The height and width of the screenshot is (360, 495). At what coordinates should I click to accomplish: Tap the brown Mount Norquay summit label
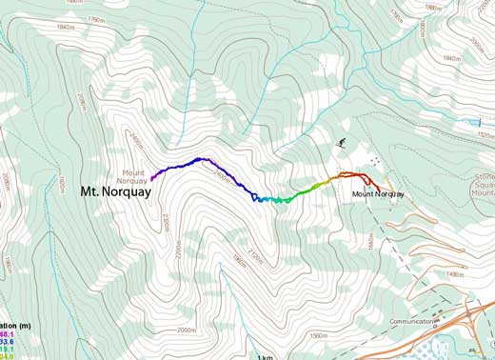point(132,175)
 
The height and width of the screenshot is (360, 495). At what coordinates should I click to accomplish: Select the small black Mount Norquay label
point(378,194)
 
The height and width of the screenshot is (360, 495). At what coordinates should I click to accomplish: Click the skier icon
point(341,144)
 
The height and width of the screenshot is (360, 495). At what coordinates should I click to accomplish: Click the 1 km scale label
point(265,355)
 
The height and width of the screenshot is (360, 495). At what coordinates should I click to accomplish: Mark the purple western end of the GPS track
point(152,177)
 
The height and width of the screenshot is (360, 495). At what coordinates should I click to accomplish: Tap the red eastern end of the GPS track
point(379,188)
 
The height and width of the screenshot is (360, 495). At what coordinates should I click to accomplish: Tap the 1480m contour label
point(454,274)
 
